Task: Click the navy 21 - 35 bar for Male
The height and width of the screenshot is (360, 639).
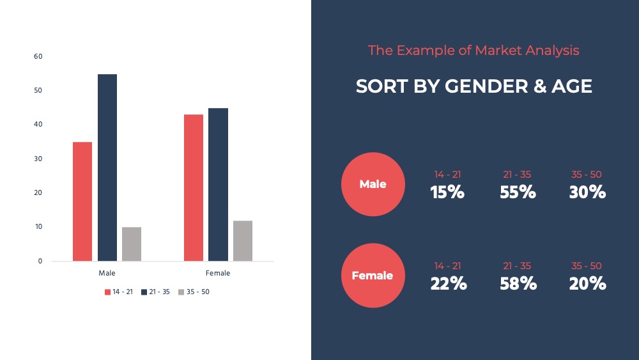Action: (x=107, y=168)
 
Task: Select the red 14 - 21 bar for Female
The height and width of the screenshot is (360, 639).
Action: (x=194, y=187)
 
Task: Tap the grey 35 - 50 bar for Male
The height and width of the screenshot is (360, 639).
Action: (x=132, y=244)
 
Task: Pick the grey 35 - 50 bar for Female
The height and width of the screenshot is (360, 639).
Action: (x=243, y=240)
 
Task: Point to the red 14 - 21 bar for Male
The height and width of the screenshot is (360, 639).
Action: (x=82, y=201)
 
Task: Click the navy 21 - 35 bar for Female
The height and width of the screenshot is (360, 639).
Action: (x=218, y=184)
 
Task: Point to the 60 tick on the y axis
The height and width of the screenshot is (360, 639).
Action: (x=38, y=56)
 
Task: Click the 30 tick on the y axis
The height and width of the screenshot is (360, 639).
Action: (x=38, y=159)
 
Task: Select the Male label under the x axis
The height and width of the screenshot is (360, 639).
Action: (x=107, y=273)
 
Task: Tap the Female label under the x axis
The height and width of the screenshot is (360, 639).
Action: (x=218, y=273)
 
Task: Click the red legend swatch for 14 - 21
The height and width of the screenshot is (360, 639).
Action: (x=107, y=292)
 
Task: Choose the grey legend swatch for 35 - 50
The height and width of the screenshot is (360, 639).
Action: (x=181, y=292)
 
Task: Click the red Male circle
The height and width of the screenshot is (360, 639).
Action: (x=373, y=184)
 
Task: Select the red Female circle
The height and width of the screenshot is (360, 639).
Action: (x=373, y=276)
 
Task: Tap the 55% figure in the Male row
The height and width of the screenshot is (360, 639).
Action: (x=518, y=192)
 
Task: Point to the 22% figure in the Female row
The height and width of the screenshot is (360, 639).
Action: (x=449, y=283)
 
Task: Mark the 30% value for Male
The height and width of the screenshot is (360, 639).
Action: (x=587, y=192)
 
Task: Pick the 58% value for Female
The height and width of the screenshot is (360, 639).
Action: (x=518, y=283)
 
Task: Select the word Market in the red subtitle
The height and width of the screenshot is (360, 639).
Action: (x=498, y=50)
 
